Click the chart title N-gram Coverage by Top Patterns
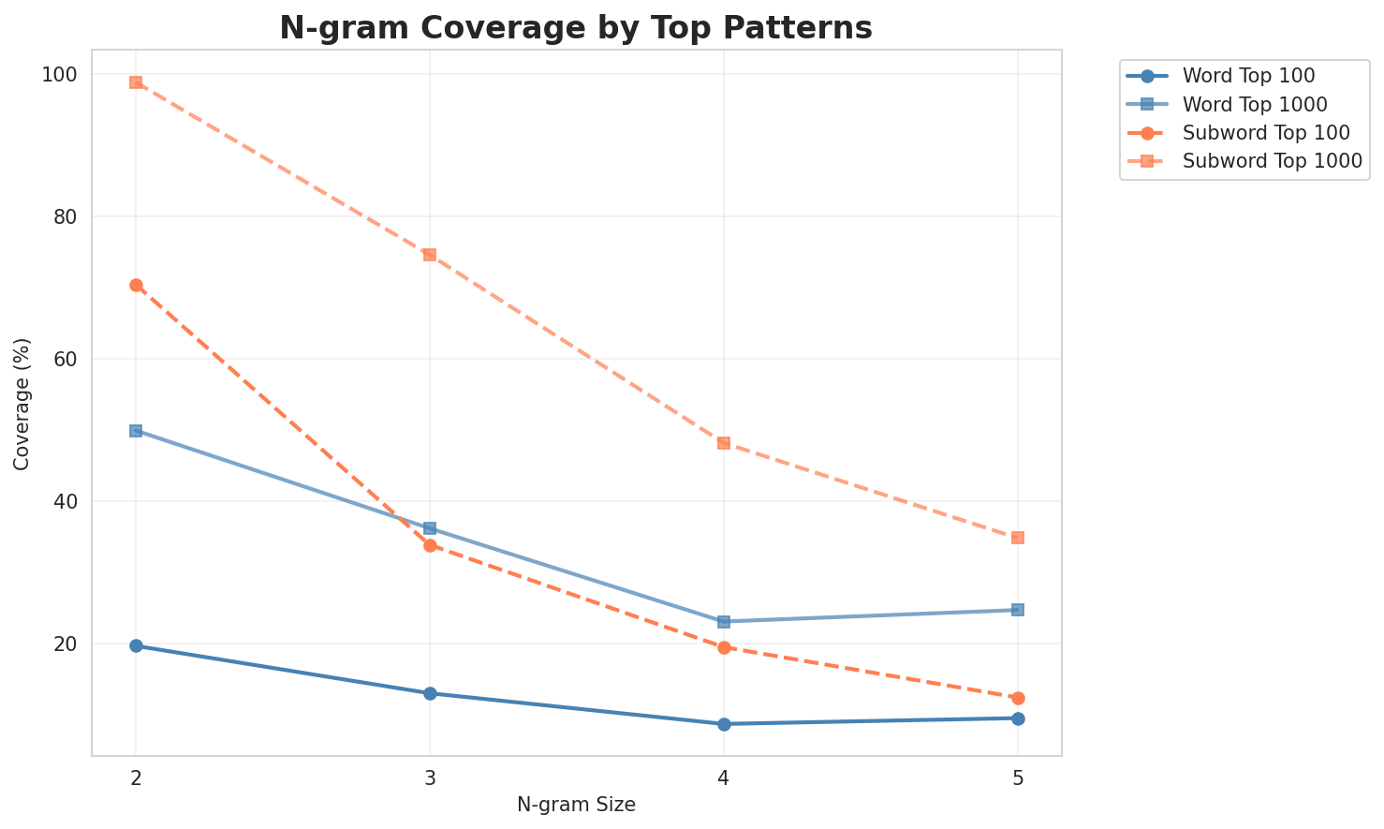coord(576,28)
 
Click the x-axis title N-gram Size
coord(576,805)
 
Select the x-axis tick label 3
coord(430,777)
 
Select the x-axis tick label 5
coord(1018,777)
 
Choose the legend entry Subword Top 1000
coord(1272,160)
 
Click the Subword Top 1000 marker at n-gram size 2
coord(136,82)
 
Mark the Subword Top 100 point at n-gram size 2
coord(136,285)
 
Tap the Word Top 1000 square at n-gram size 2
coord(136,431)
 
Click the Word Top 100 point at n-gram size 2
coord(136,645)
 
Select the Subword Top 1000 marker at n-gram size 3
coord(430,255)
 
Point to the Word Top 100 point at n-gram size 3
coord(430,693)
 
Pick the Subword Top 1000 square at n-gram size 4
coord(724,442)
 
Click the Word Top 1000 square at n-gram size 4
coord(724,622)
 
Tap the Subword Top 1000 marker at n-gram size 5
coord(1018,538)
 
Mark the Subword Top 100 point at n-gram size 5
coord(1018,698)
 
